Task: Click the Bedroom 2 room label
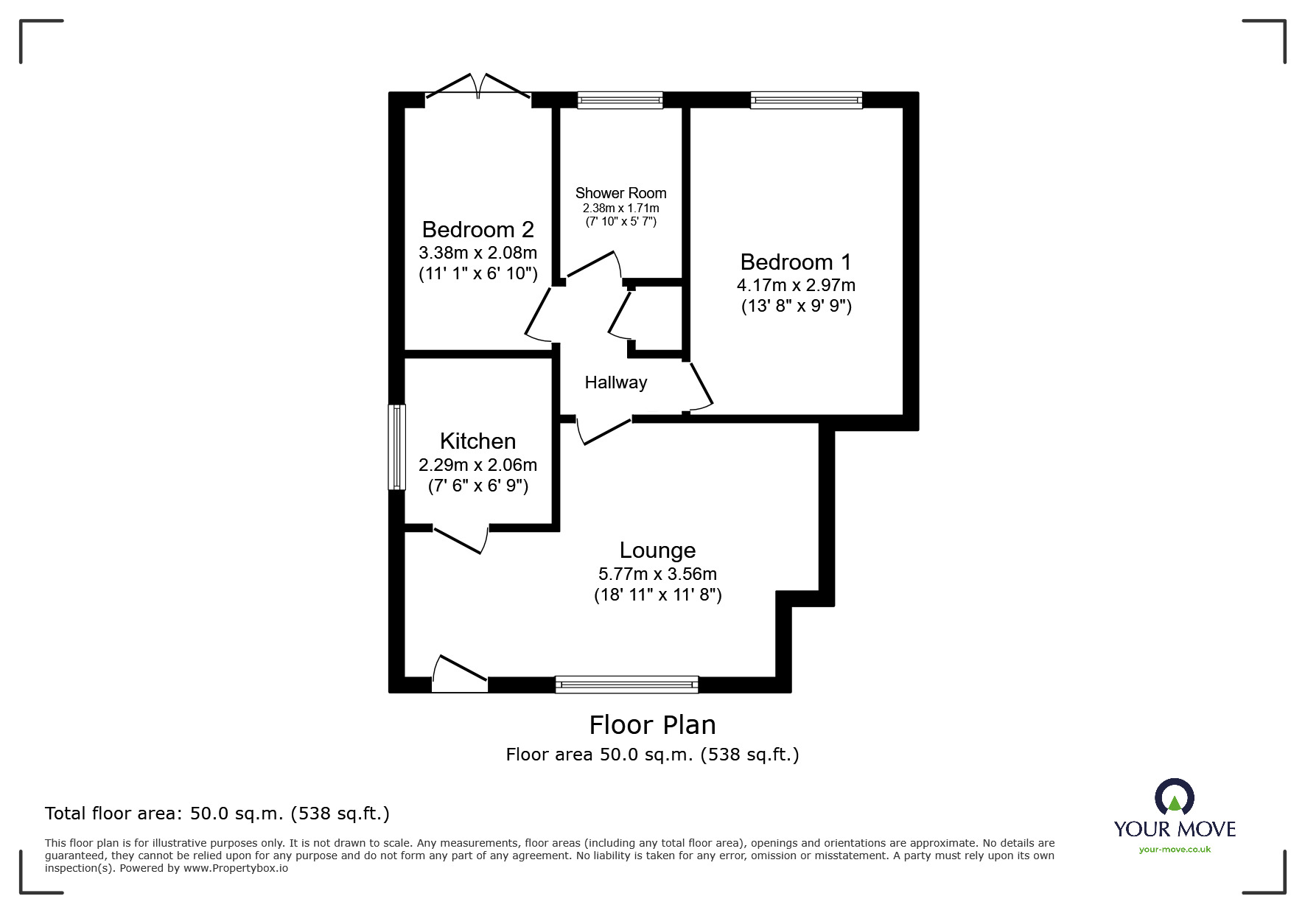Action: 477,229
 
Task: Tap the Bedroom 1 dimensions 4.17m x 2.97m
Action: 796,284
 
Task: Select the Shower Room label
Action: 620,193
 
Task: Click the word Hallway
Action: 615,382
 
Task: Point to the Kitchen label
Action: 477,441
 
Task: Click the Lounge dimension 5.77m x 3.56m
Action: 657,573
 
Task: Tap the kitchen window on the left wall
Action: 397,447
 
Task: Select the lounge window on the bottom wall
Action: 626,685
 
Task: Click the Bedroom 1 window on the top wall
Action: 806,100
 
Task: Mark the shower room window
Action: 620,100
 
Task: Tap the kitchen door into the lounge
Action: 461,539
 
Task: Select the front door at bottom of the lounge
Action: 458,674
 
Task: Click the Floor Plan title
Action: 652,725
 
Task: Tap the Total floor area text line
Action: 217,814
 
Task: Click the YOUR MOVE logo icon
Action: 1174,799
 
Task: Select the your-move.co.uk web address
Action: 1175,850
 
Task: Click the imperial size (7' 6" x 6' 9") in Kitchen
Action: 477,486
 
